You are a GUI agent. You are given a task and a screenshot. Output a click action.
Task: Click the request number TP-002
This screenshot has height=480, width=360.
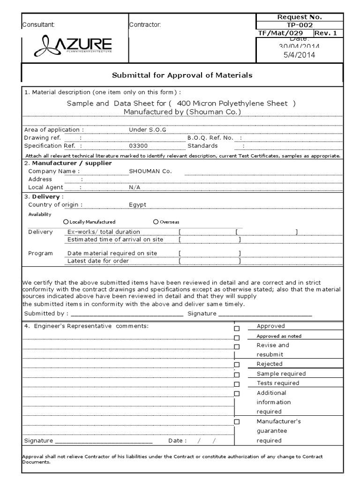click(x=300, y=25)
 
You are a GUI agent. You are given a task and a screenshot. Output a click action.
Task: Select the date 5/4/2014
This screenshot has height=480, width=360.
click(x=300, y=55)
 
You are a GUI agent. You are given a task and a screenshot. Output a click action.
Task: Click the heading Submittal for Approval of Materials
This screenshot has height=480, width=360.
click(x=182, y=75)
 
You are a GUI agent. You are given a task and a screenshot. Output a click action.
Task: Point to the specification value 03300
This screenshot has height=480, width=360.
click(x=137, y=146)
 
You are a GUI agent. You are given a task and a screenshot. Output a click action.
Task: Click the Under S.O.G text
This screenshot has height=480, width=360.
click(x=144, y=129)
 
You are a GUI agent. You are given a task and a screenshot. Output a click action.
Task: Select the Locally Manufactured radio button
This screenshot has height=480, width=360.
click(x=66, y=222)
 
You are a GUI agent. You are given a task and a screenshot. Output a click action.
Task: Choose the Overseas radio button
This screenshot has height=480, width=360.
click(x=156, y=222)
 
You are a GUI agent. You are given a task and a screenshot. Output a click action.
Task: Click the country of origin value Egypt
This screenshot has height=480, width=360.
click(x=137, y=205)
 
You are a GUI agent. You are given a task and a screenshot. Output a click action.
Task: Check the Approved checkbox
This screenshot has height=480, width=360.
click(x=237, y=329)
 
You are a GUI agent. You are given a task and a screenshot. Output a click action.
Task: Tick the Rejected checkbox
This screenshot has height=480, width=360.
click(x=237, y=365)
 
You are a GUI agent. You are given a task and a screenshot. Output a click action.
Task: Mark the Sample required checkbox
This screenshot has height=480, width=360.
click(x=237, y=375)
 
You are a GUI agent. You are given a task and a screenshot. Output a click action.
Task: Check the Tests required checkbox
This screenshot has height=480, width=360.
click(x=237, y=384)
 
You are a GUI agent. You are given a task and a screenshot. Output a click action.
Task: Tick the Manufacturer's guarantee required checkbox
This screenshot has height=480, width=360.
click(x=237, y=421)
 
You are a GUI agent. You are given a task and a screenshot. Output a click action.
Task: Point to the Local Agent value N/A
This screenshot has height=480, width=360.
click(x=135, y=187)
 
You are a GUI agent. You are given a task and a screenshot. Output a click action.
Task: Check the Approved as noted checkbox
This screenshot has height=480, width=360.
click(x=237, y=338)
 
